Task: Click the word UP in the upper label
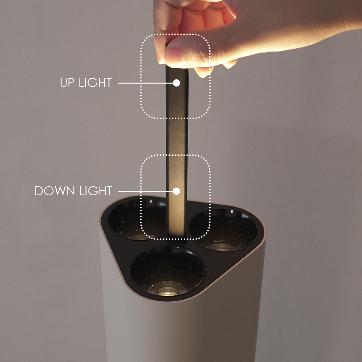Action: pos(67,83)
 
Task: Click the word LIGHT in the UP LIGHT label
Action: pos(95,83)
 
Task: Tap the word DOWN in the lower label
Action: pos(55,191)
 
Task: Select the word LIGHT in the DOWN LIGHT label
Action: pos(96,191)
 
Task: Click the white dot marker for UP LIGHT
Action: pos(176,83)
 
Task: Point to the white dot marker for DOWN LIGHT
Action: pos(176,191)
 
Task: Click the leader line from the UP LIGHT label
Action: pos(145,83)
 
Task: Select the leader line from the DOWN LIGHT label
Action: pos(145,191)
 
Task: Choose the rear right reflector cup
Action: pos(222,230)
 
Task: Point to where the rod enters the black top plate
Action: pos(177,240)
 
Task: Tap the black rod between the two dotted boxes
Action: pos(177,136)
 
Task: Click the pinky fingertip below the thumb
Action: pos(203,72)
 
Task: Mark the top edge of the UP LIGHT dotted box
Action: pos(175,35)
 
